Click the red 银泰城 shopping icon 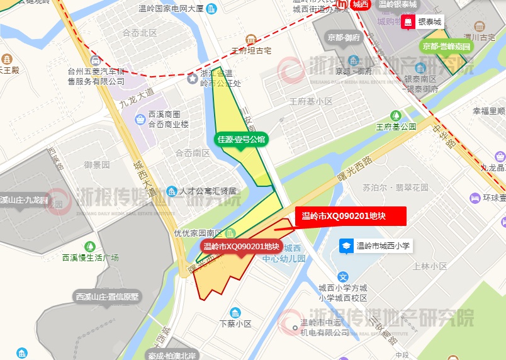[x=408, y=22]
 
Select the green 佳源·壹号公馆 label [x=242, y=138]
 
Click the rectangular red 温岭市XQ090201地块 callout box [x=351, y=217]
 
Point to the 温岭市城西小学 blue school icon [x=346, y=245]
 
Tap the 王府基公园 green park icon [x=396, y=115]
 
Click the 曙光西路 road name [x=354, y=168]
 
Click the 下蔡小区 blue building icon [x=235, y=313]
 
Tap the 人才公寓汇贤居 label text [x=207, y=191]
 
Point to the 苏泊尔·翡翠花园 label [x=395, y=188]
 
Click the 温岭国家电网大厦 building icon [x=211, y=8]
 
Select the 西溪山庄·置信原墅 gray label [x=108, y=296]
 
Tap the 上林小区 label [x=430, y=266]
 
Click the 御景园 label [x=97, y=165]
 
